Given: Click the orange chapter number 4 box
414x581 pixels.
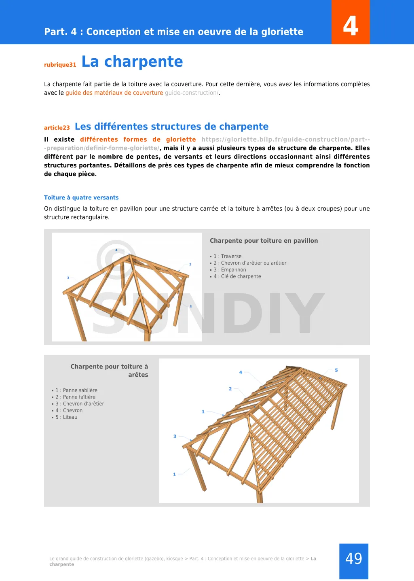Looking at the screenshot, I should [351, 22].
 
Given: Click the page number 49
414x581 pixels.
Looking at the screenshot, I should [354, 559].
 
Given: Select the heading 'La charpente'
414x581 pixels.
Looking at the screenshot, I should [132, 61].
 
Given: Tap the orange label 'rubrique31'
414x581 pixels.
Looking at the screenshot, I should [60, 65].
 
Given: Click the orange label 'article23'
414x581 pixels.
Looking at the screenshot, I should [57, 128].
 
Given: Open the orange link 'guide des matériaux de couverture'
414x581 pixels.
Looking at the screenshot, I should [114, 93].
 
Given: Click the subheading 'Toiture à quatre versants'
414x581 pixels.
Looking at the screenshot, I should [81, 198].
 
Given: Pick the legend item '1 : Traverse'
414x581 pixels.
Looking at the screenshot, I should [228, 257].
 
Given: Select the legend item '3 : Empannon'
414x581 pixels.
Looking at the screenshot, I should [230, 270].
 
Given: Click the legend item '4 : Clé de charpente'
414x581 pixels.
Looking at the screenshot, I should [237, 277].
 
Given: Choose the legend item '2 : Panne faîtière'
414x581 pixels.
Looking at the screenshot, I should [76, 397].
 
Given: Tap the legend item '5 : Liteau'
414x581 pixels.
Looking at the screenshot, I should [67, 418].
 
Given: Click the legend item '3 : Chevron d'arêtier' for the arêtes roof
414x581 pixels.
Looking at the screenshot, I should [80, 404].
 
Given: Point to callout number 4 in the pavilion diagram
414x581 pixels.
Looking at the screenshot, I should [116, 250].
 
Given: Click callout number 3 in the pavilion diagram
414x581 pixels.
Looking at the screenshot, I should [68, 278].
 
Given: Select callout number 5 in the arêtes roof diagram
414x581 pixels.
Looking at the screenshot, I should [336, 370].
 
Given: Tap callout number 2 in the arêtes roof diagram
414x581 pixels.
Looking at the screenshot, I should [230, 389].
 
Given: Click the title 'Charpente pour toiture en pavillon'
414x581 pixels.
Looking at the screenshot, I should [264, 241].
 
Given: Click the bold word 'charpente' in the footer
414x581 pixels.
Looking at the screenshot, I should [62, 565].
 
